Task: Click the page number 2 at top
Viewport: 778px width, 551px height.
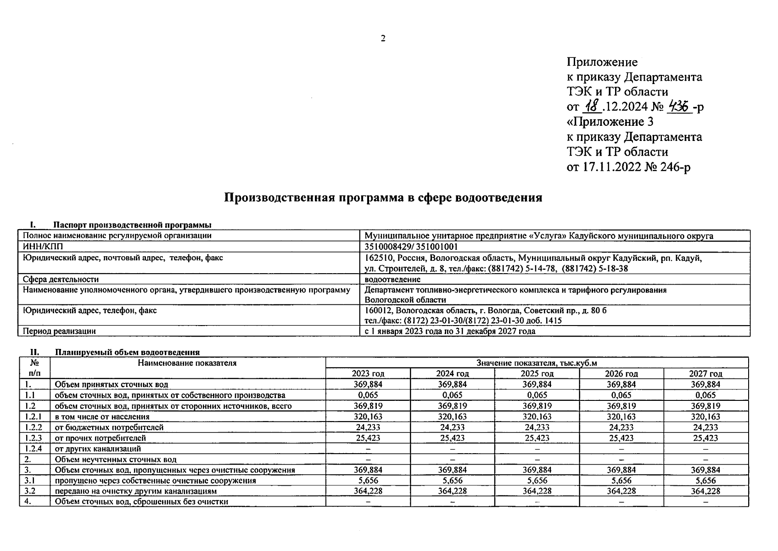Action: [x=383, y=39]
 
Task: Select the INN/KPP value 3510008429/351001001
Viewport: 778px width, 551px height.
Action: [x=411, y=247]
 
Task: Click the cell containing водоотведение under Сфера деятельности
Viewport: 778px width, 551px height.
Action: [x=392, y=279]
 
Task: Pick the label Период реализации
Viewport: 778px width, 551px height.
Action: [x=59, y=331]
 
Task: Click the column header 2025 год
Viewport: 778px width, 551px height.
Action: [x=537, y=374]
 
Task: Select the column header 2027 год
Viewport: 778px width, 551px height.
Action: [x=706, y=374]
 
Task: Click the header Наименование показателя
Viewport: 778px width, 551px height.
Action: [x=187, y=363]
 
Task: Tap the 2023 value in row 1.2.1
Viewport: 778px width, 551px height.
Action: [x=368, y=417]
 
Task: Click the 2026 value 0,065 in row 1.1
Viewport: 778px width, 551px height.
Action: [x=621, y=395]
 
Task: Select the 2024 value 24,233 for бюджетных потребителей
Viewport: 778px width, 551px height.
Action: [x=452, y=427]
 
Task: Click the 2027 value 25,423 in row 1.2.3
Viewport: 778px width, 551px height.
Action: [x=706, y=438]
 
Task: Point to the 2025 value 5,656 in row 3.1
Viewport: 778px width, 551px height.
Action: [x=537, y=481]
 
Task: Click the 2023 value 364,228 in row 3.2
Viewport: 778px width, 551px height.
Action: [x=368, y=491]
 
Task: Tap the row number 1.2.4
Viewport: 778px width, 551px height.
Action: [x=33, y=449]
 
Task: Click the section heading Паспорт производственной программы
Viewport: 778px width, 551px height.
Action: [x=132, y=225]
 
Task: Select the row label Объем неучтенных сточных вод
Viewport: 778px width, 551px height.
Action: [x=115, y=459]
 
